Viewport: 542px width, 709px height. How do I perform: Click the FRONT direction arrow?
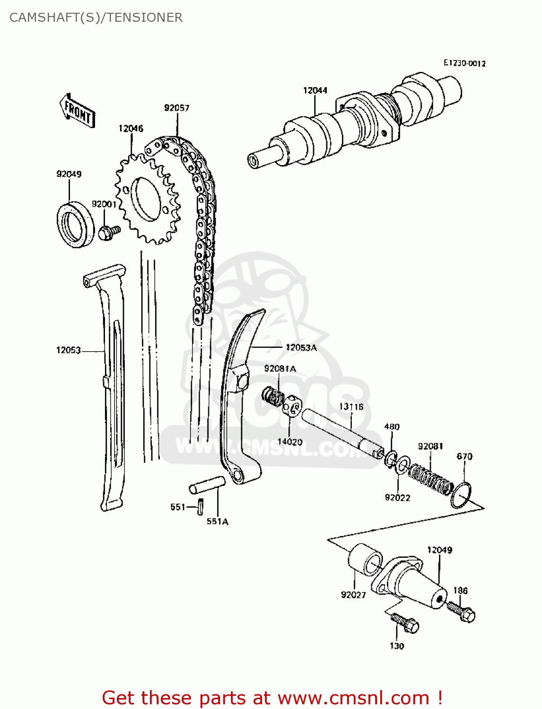pos(78,111)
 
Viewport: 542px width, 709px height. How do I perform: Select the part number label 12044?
pos(315,90)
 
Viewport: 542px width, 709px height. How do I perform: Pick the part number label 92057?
pos(176,108)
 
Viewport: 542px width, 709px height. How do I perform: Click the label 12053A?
pos(301,347)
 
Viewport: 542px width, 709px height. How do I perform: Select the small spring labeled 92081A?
pos(273,396)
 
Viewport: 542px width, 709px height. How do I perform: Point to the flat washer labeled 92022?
pos(402,465)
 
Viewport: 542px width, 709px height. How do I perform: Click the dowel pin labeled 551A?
pos(208,485)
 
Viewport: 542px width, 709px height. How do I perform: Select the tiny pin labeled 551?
pos(201,507)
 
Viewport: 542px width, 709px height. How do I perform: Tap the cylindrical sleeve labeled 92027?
pos(366,559)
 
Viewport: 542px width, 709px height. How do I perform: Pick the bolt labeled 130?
pos(404,623)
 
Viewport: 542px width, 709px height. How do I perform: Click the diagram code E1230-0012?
pos(464,63)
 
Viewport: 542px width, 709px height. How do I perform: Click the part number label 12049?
pos(439,550)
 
